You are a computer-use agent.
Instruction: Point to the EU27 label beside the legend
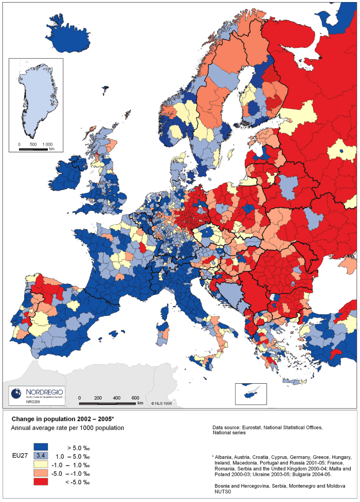click(x=20, y=455)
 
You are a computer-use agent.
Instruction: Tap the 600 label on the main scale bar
click(x=135, y=398)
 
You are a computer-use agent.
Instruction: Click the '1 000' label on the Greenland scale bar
click(x=47, y=145)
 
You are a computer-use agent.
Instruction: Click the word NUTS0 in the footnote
click(x=221, y=492)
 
